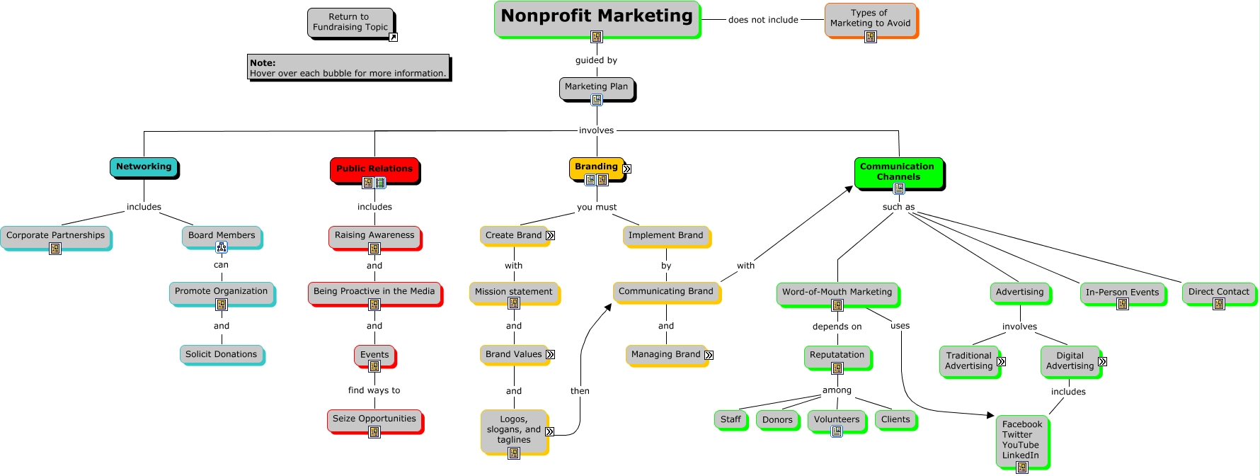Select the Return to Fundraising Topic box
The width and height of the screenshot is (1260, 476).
(350, 22)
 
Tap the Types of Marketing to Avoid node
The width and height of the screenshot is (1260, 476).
(870, 18)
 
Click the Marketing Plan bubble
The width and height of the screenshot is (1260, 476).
(596, 87)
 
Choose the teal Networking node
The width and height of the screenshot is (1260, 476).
(144, 166)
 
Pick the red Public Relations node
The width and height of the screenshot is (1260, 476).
(374, 169)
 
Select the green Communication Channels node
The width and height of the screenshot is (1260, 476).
(898, 171)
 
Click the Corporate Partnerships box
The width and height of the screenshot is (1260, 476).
(55, 235)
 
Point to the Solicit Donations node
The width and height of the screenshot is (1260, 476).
(221, 354)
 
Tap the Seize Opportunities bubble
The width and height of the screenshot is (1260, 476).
(374, 419)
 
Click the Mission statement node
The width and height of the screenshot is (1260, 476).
(513, 291)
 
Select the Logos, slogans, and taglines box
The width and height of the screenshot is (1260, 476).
(513, 429)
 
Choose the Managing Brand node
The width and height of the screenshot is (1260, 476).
(665, 354)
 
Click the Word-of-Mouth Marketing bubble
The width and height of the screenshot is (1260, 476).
(837, 292)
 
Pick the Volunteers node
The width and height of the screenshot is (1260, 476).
(836, 419)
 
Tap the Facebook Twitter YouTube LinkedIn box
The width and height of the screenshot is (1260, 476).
(1021, 440)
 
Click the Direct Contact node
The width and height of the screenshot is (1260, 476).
(1218, 291)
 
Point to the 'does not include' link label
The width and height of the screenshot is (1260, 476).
(763, 20)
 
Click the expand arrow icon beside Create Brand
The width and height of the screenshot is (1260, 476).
(550, 235)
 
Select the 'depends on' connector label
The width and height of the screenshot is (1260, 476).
(837, 327)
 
